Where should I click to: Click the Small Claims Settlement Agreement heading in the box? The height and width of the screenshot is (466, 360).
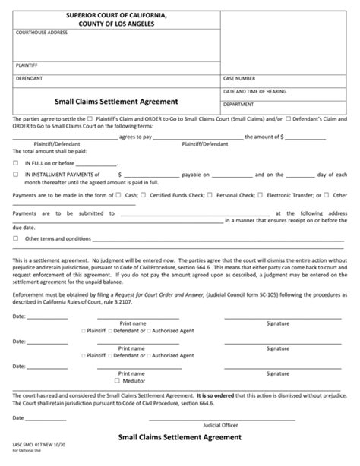click(x=116, y=100)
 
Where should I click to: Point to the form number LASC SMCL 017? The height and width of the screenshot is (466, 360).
click(x=30, y=446)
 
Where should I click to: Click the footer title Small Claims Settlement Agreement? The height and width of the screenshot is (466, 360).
click(x=180, y=437)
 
